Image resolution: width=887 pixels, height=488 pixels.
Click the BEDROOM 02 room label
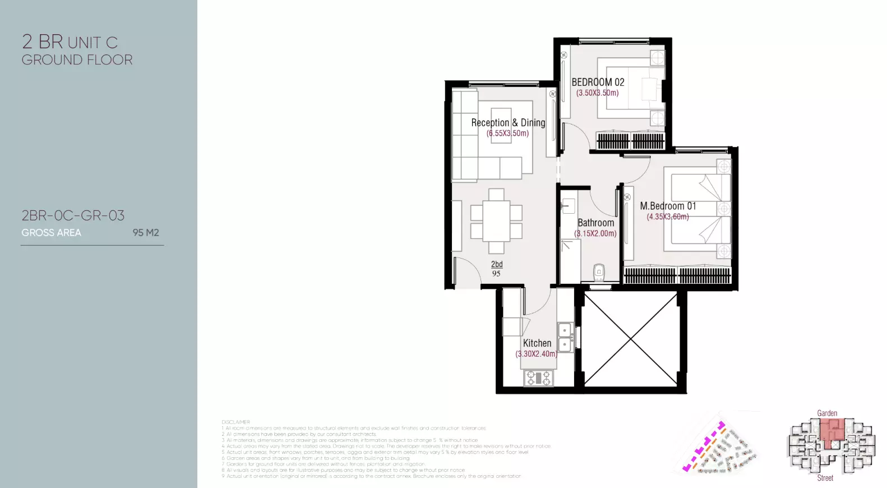pyautogui.click(x=598, y=82)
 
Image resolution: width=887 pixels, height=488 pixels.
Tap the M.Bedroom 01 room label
pyautogui.click(x=668, y=206)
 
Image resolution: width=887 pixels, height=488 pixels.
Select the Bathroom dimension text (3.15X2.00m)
pyautogui.click(x=595, y=233)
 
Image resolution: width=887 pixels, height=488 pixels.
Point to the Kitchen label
pyautogui.click(x=537, y=343)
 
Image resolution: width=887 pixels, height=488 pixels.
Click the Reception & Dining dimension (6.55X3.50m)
pyautogui.click(x=507, y=133)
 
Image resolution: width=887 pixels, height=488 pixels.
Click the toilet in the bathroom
pyautogui.click(x=599, y=273)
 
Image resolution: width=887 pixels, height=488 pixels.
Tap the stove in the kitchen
pyautogui.click(x=538, y=378)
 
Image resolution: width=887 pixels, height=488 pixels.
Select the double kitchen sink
pyautogui.click(x=565, y=337)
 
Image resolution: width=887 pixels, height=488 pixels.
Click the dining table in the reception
pyautogui.click(x=496, y=222)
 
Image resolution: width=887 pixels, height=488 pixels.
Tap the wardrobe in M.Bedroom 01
pyautogui.click(x=677, y=275)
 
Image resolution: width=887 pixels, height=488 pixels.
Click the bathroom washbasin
pyautogui.click(x=568, y=206)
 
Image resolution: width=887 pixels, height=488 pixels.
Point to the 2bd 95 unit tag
pyautogui.click(x=497, y=269)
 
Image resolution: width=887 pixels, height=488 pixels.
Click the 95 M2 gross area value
pyautogui.click(x=146, y=233)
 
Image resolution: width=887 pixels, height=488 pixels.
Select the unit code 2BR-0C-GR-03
pyautogui.click(x=73, y=215)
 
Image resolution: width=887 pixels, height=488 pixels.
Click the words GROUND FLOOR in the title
pyautogui.click(x=77, y=60)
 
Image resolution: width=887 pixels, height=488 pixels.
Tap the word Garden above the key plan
pyautogui.click(x=827, y=413)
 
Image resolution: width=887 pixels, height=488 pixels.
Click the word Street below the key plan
pyautogui.click(x=825, y=478)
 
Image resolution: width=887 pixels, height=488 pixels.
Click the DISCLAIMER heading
pyautogui.click(x=235, y=422)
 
